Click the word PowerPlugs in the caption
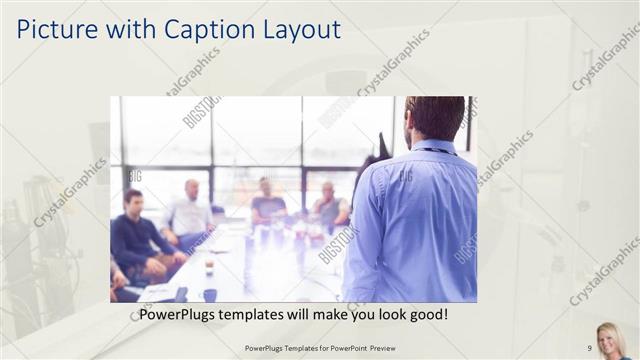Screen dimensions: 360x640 click(x=179, y=314)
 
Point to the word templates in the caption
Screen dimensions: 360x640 click(x=262, y=314)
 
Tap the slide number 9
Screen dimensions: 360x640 click(x=589, y=348)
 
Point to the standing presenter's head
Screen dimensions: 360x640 click(x=436, y=118)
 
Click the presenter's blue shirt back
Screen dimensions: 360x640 click(x=410, y=220)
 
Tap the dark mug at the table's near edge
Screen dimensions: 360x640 click(x=209, y=294)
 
